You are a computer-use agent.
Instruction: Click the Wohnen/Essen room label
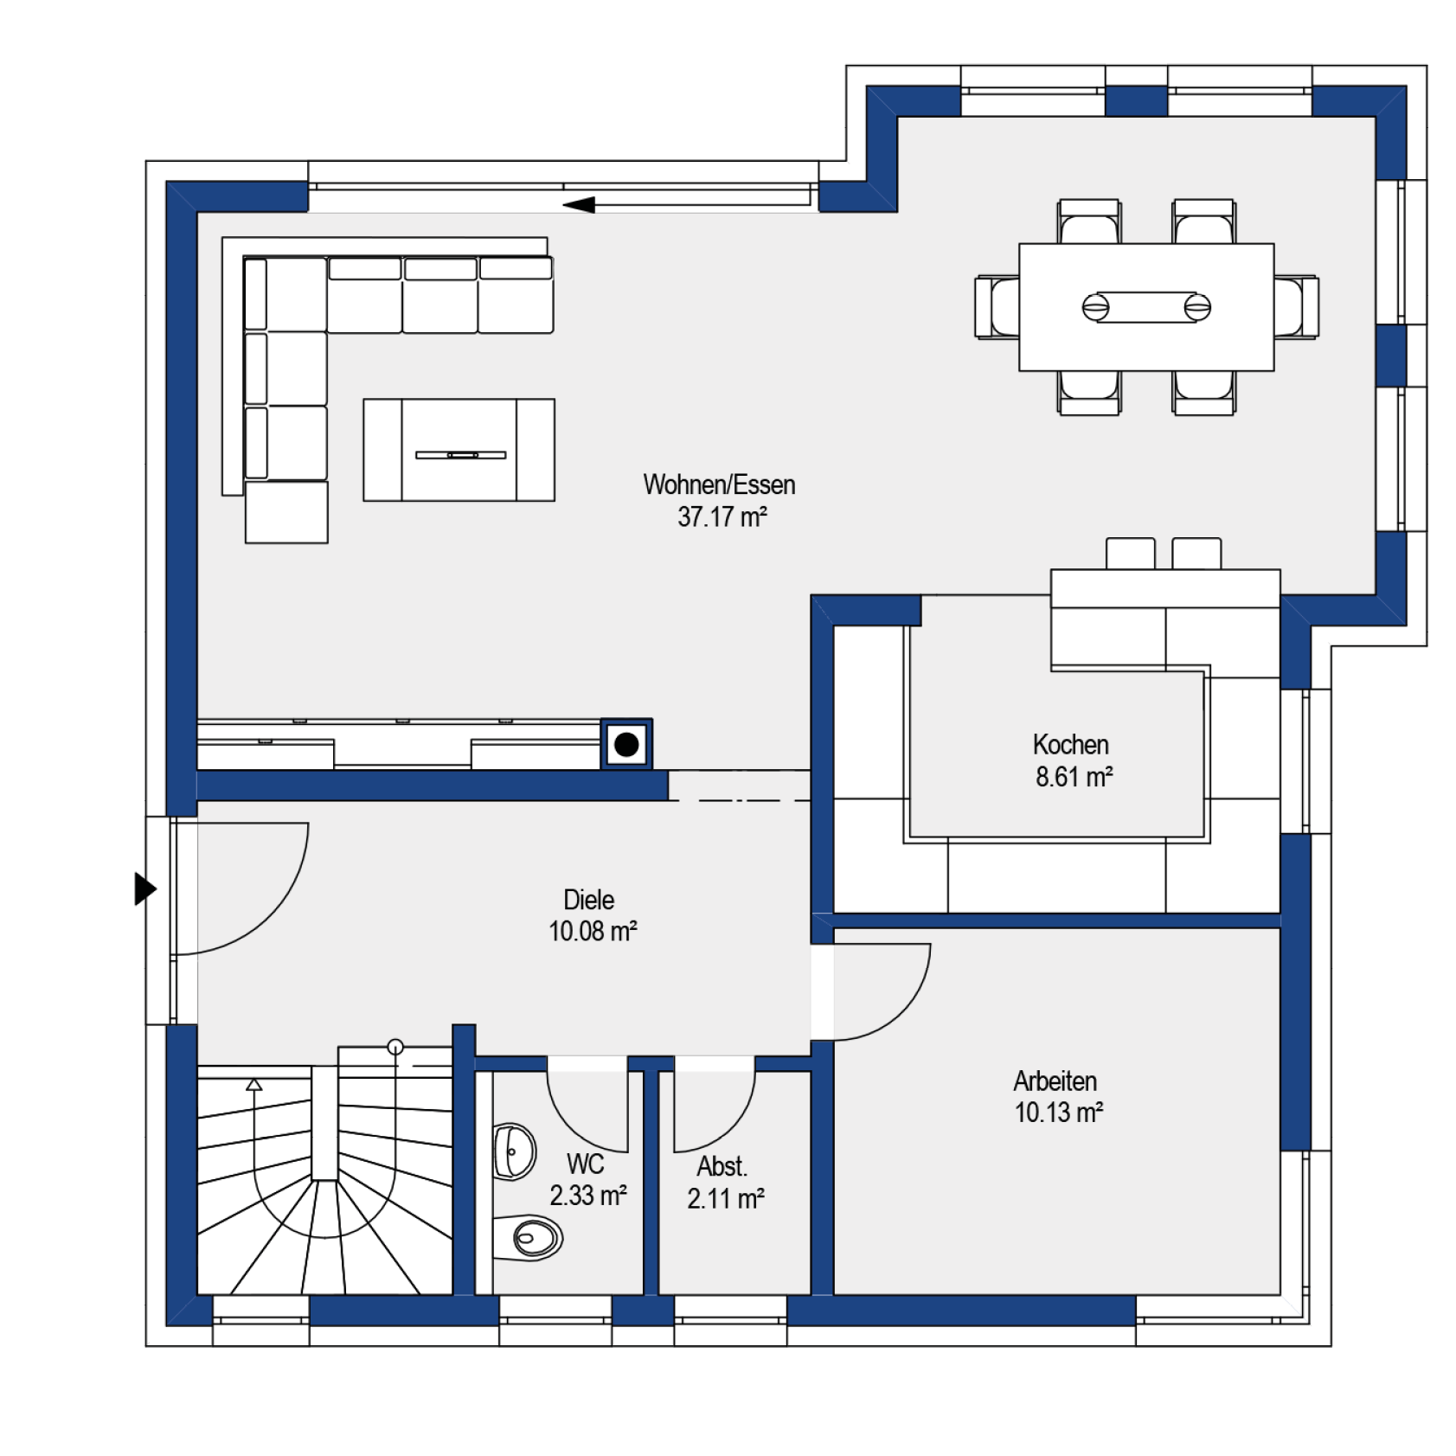point(719,484)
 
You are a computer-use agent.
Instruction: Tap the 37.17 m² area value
point(722,517)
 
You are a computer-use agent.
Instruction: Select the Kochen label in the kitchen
point(1070,745)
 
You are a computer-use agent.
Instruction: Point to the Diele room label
point(588,900)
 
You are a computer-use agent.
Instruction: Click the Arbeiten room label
point(1055,1081)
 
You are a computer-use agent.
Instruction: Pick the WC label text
point(585,1164)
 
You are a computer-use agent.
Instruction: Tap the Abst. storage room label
point(722,1166)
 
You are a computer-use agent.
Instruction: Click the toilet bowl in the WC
point(529,1238)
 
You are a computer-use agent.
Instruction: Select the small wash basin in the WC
point(514,1151)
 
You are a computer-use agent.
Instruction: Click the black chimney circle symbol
point(626,744)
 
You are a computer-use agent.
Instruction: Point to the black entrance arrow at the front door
point(145,888)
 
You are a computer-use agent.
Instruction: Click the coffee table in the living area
point(459,450)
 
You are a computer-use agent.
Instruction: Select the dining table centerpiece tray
point(1146,307)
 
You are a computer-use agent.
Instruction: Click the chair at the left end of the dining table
point(997,307)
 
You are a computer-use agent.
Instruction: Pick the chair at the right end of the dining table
point(1296,307)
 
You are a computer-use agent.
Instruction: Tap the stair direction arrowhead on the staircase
point(253,1084)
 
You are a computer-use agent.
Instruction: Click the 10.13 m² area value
point(1059,1113)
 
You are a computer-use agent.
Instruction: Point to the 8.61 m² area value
point(1074,777)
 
